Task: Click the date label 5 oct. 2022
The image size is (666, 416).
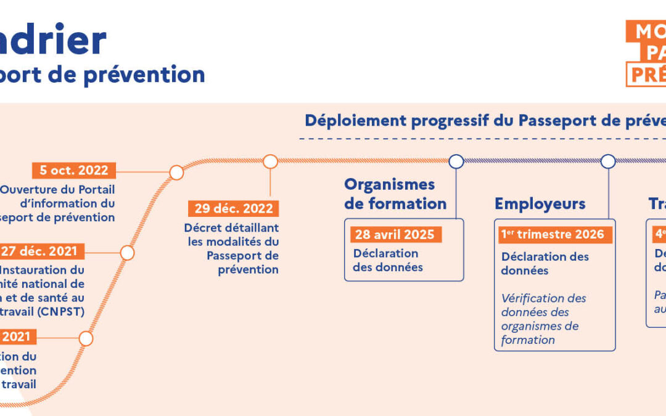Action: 74,171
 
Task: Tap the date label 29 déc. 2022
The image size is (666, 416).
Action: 234,208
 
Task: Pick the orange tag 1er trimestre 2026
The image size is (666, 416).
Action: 553,234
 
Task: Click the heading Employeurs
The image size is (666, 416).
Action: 540,204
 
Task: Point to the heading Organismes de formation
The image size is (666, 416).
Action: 395,194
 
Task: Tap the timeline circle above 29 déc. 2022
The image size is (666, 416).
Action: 270,161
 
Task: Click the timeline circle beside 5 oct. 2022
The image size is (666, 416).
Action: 176,172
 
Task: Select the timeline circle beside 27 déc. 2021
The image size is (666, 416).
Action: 127,253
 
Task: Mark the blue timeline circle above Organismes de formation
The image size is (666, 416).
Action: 456,161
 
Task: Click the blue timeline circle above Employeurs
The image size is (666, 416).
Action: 608,161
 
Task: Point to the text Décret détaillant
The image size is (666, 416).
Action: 231,228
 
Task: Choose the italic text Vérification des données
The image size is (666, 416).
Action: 543,305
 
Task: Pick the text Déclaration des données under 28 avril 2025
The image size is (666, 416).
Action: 388,260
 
